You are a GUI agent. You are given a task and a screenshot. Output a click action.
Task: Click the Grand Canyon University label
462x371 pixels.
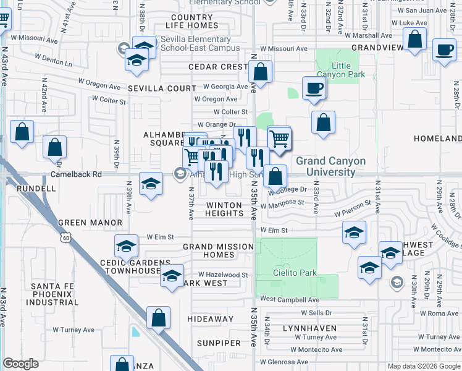pyautogui.click(x=330, y=166)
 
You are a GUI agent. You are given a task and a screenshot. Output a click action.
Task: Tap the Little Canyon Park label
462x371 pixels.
pyautogui.click(x=349, y=70)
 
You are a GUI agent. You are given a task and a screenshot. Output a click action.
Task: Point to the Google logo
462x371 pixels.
pyautogui.click(x=21, y=364)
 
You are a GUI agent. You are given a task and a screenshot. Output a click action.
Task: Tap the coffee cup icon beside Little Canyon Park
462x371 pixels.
pyautogui.click(x=314, y=88)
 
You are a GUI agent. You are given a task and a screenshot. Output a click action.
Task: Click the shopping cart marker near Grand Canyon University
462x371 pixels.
pyautogui.click(x=279, y=137)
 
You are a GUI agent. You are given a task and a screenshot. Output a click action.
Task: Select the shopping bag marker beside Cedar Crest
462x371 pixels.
pyautogui.click(x=261, y=72)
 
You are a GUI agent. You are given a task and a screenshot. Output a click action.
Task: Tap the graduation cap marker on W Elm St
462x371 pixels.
pyautogui.click(x=127, y=247)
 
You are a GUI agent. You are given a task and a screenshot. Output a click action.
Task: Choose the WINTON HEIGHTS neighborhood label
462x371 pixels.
pyautogui.click(x=224, y=209)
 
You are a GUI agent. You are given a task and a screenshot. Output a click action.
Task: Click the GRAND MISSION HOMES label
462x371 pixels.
pyautogui.click(x=218, y=250)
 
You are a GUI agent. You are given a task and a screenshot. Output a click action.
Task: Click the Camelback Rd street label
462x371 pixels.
pyautogui.click(x=76, y=174)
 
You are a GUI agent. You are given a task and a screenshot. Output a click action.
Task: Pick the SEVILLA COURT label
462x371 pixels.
pyautogui.click(x=162, y=88)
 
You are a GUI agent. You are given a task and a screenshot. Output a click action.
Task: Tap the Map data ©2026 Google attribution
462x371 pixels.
pyautogui.click(x=423, y=366)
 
